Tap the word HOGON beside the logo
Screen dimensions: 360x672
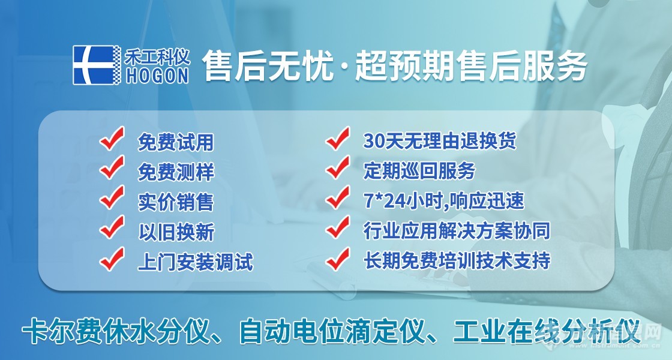coord(158,74)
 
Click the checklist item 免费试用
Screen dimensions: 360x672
coord(176,143)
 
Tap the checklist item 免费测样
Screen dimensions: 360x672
coord(176,173)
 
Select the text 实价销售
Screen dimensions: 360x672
coord(176,202)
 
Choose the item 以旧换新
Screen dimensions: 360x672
coord(176,232)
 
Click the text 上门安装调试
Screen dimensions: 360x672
coord(195,262)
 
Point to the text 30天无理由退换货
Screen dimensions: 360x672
coord(440,142)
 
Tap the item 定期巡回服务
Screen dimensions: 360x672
coord(419,171)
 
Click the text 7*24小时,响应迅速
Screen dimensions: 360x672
coord(444,201)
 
